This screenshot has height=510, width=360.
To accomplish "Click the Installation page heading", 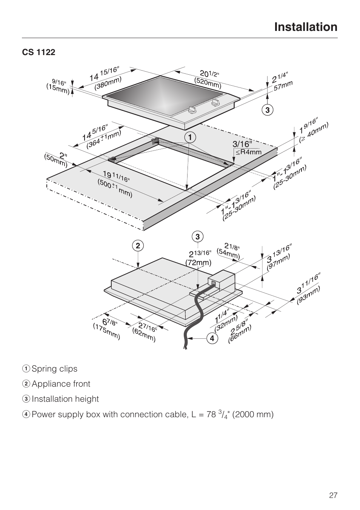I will [x=306, y=27].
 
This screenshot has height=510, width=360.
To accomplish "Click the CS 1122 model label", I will [x=38, y=52].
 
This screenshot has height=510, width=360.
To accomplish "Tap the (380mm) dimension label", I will [x=108, y=83].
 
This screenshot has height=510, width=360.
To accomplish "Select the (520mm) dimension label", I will [x=208, y=83].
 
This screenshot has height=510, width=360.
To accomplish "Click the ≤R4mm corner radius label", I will [x=248, y=152].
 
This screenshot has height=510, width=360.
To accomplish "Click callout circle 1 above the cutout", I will [x=190, y=137].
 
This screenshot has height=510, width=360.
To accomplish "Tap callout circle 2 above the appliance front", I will [x=138, y=246].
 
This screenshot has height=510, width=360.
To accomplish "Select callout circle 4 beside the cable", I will [x=212, y=338].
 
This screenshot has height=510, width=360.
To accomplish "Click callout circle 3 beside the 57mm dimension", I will [x=267, y=110].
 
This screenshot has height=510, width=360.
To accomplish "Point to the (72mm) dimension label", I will [x=198, y=262].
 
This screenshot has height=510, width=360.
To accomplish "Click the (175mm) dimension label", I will [x=106, y=331].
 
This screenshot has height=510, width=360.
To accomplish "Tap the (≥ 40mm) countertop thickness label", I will [x=314, y=132].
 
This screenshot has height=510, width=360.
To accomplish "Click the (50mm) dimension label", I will [x=55, y=160].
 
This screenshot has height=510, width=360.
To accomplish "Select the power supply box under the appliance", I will [x=221, y=280].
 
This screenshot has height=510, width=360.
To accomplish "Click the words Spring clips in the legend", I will [x=54, y=369].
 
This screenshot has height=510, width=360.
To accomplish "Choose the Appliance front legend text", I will [x=61, y=384].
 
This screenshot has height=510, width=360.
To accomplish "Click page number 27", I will [x=333, y=495].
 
